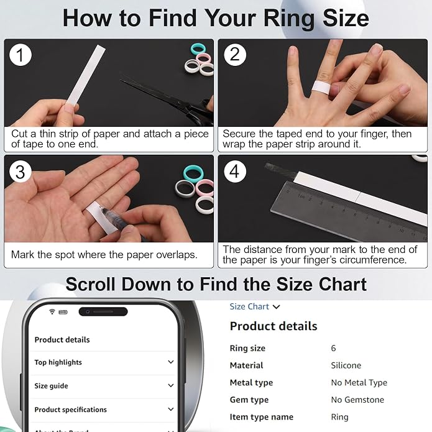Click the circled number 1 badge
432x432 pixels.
click(x=21, y=55)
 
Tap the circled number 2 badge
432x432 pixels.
click(x=235, y=55)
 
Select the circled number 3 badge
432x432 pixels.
click(x=21, y=172)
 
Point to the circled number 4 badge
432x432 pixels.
click(x=235, y=172)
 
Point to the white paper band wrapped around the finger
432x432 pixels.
click(x=321, y=88)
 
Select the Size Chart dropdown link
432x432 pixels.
click(x=255, y=306)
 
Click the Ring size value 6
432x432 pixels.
click(x=333, y=348)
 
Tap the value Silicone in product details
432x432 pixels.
click(x=346, y=365)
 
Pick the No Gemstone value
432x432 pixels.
click(x=357, y=400)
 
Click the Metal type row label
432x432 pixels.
click(x=251, y=383)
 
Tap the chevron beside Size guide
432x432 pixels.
click(x=171, y=385)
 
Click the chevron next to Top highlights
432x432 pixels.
click(x=171, y=362)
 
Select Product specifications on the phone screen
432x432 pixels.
click(x=70, y=410)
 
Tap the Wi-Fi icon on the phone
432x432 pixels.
click(x=52, y=311)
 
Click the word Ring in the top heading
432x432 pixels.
click(x=289, y=19)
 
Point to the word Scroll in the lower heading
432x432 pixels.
click(x=90, y=284)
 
